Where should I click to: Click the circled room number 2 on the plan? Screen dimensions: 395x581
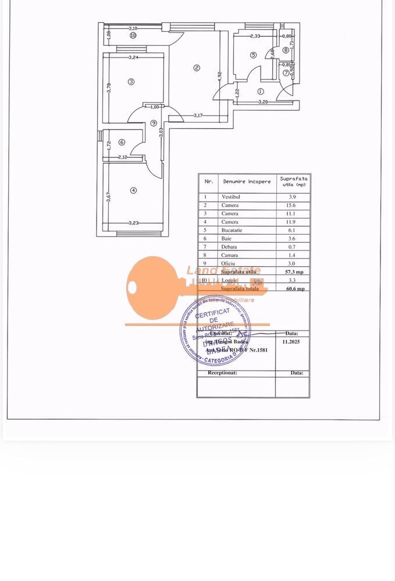click(197, 69)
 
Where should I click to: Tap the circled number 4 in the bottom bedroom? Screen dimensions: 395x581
click(133, 190)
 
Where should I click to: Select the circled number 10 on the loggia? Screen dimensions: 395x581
click(133, 35)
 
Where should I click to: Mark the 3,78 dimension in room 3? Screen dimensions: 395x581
click(109, 88)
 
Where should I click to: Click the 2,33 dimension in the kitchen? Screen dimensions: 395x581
click(255, 37)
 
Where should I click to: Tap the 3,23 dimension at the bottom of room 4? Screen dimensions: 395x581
click(134, 223)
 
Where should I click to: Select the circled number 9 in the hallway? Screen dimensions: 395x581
click(154, 123)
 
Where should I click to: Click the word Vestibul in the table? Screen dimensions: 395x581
click(230, 197)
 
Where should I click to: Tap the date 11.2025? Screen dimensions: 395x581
click(290, 342)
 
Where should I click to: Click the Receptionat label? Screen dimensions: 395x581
click(222, 372)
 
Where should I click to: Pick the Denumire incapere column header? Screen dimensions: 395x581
click(247, 182)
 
